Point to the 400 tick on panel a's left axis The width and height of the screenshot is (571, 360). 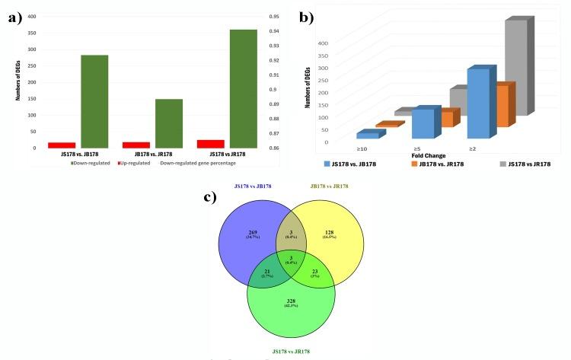click(x=30, y=16)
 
